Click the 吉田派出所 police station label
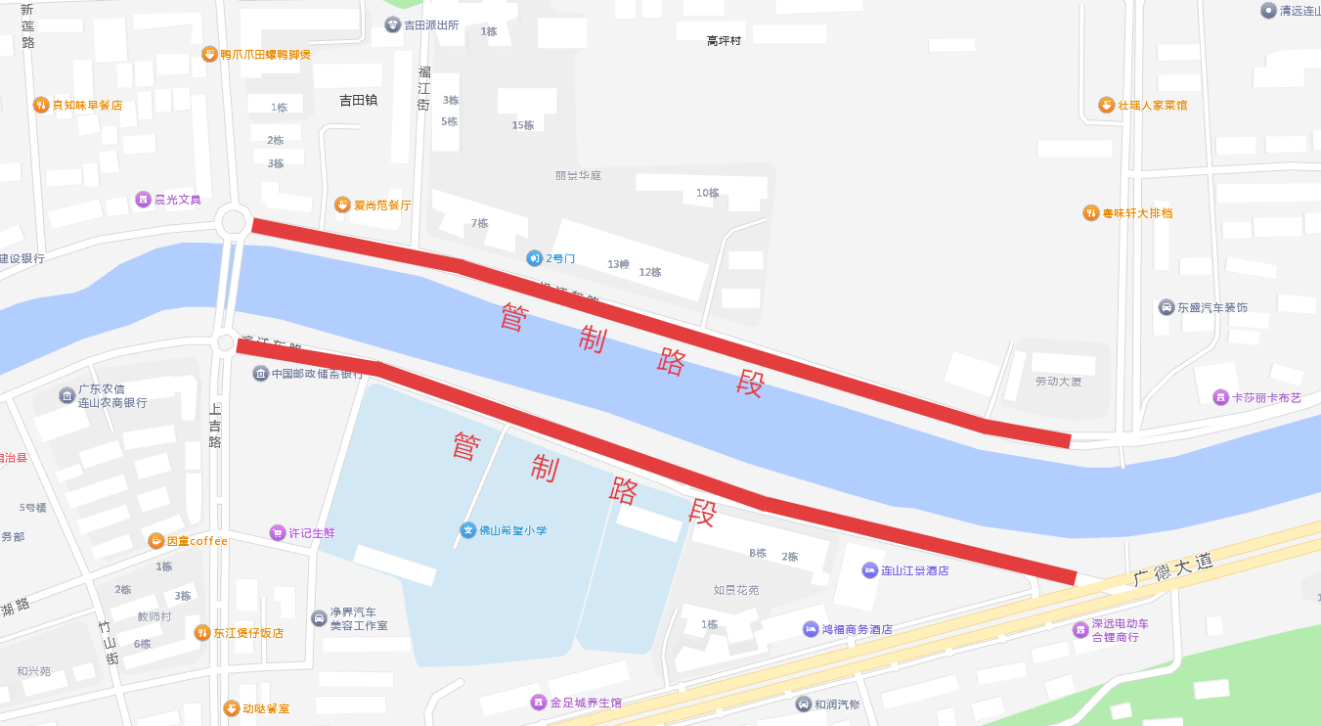point(431,24)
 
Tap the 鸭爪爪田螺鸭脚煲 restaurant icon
point(208,54)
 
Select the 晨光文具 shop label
point(177,200)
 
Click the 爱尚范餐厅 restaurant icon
point(342,204)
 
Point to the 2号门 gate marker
point(534,258)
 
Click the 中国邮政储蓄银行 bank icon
point(260,374)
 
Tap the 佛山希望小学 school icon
point(468,530)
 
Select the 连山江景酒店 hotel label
point(914,570)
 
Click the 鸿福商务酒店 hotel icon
point(811,629)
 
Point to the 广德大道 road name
point(1173,570)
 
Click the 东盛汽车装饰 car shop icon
point(1167,307)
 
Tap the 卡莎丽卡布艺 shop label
point(1266,397)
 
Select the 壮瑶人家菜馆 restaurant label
point(1152,105)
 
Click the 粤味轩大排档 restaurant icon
point(1090,212)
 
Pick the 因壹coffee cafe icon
point(156,541)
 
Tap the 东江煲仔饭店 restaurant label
point(248,633)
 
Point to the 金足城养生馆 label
point(585,703)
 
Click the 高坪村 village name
point(724,41)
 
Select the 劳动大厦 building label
point(1058,381)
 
